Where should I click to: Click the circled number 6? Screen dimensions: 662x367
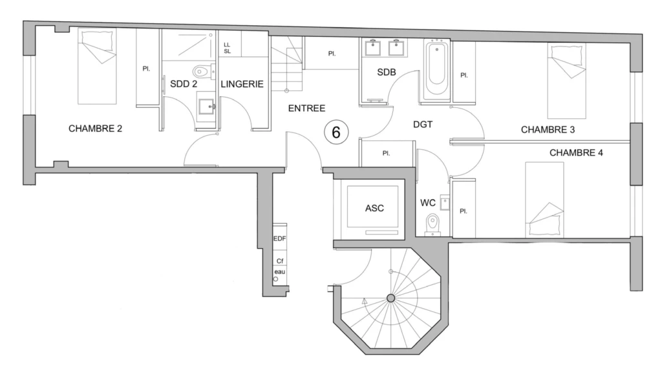tap(336, 132)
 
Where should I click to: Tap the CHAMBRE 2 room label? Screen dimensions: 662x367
tap(95, 129)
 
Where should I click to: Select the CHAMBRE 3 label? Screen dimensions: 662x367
tap(548, 129)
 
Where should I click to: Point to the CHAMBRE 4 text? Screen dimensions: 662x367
tap(576, 152)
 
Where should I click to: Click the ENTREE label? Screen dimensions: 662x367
tap(306, 109)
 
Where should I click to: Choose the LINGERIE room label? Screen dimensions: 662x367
tap(242, 84)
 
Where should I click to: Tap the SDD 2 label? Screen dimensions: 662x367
tap(183, 84)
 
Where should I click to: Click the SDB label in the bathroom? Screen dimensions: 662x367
tap(387, 72)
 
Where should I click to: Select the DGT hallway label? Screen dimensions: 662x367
tap(423, 125)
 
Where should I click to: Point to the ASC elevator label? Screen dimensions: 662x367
tap(374, 208)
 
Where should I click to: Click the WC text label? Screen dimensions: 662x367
tap(428, 203)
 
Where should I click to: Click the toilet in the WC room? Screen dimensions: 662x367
tap(432, 224)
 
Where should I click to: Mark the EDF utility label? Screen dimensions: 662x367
tap(279, 238)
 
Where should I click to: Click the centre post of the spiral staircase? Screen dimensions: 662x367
tap(390, 299)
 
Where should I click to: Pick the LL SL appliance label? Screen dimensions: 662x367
tap(227, 48)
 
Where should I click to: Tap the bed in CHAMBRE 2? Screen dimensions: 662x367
tap(97, 67)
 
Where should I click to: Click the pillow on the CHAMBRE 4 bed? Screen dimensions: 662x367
tap(546, 226)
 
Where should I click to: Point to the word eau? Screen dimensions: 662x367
tap(279, 271)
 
